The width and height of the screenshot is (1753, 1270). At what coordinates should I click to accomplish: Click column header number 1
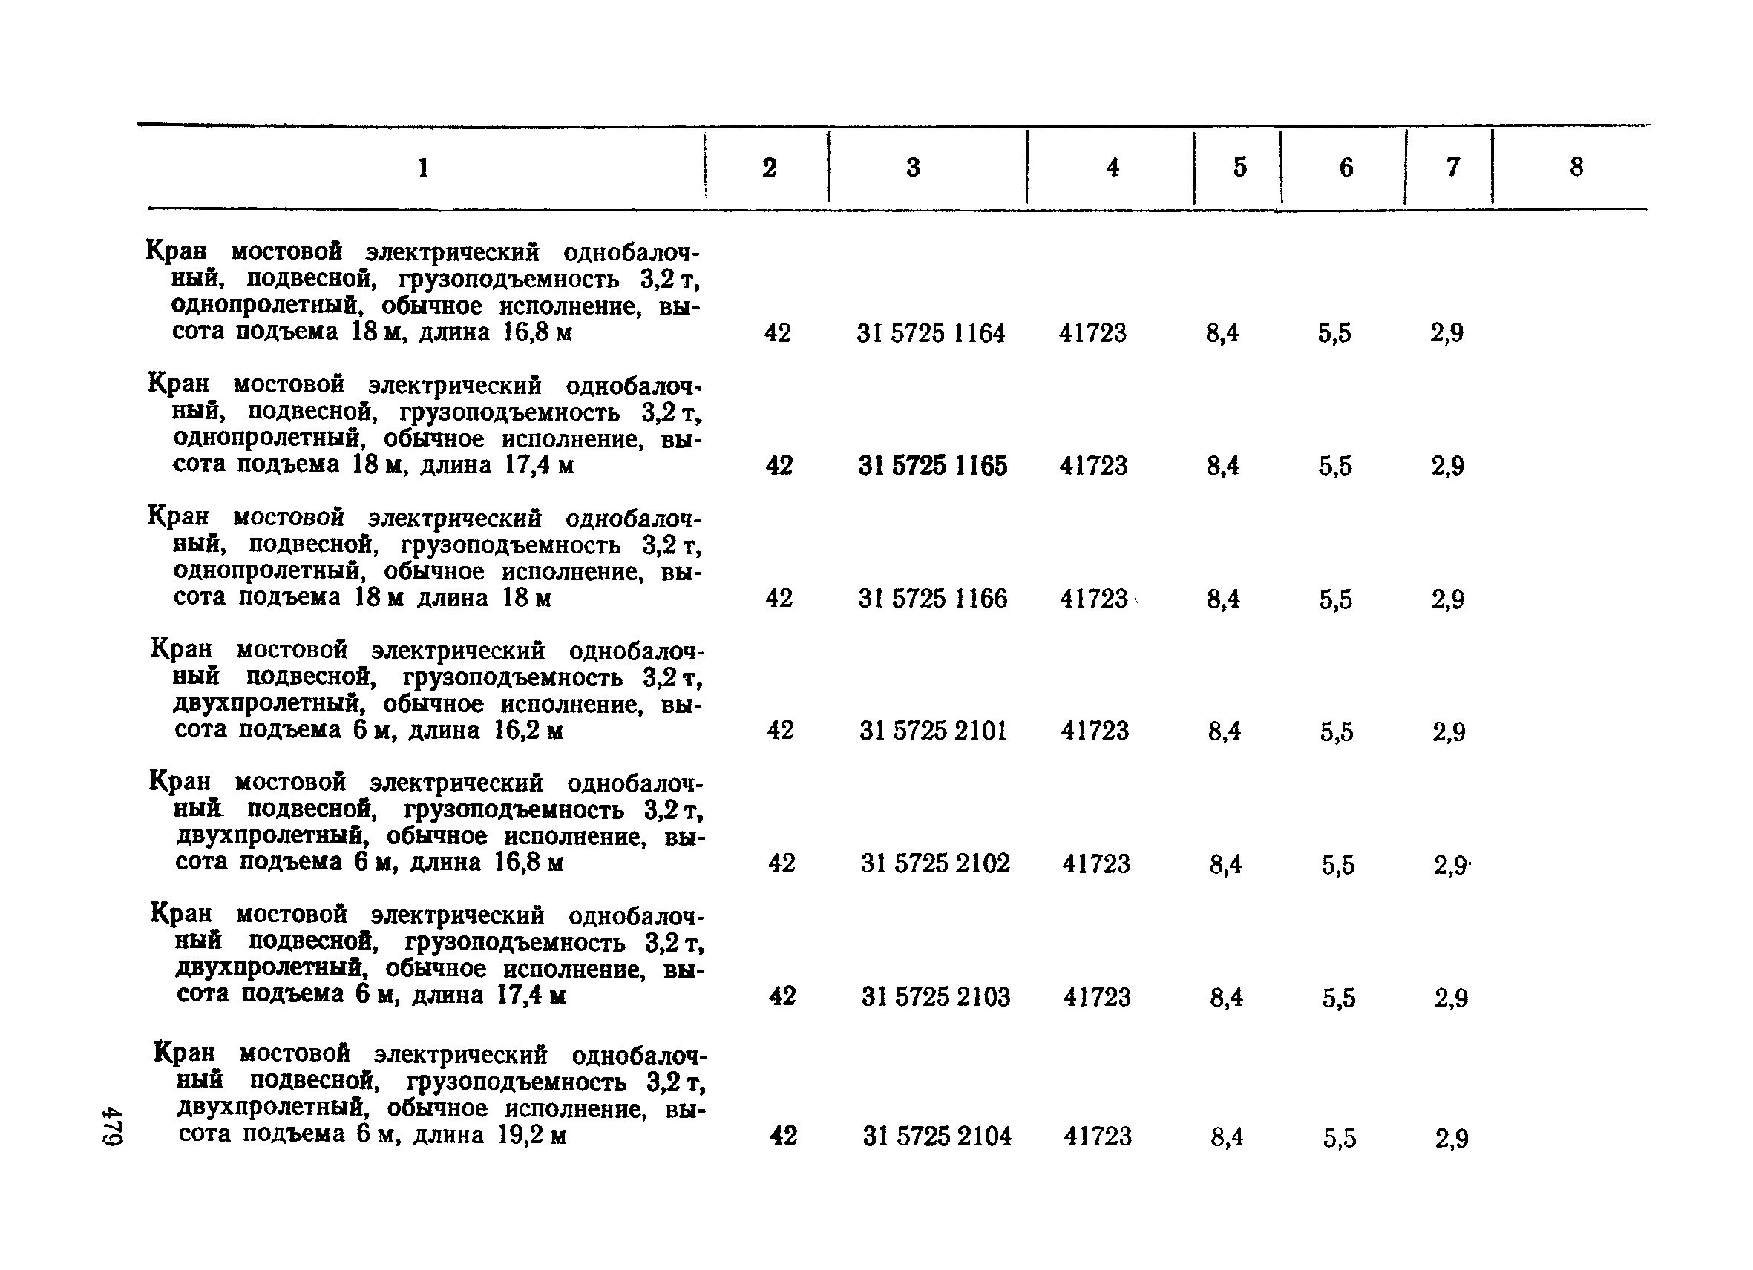423,168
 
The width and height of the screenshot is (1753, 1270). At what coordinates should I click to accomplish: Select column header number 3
913,168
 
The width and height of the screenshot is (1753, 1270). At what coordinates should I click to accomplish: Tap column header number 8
1576,167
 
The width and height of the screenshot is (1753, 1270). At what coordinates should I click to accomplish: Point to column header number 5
1239,168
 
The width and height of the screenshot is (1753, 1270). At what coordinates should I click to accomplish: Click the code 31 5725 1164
931,334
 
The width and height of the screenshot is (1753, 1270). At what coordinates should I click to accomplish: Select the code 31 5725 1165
932,466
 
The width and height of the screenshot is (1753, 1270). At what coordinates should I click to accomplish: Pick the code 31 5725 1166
932,599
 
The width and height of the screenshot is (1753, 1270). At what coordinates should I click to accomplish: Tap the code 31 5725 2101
933,731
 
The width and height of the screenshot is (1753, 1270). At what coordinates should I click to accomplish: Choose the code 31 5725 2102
935,863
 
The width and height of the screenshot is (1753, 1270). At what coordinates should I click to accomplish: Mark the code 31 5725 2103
935,997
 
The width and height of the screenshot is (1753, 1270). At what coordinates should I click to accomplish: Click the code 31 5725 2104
937,1136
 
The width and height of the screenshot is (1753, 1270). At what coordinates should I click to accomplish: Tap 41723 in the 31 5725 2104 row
1098,1136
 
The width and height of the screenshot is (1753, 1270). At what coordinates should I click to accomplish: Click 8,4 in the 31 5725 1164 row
1222,334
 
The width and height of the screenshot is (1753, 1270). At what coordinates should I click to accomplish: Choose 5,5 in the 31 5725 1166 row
1336,599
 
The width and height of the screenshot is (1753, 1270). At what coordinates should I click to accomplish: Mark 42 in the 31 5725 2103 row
782,996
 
